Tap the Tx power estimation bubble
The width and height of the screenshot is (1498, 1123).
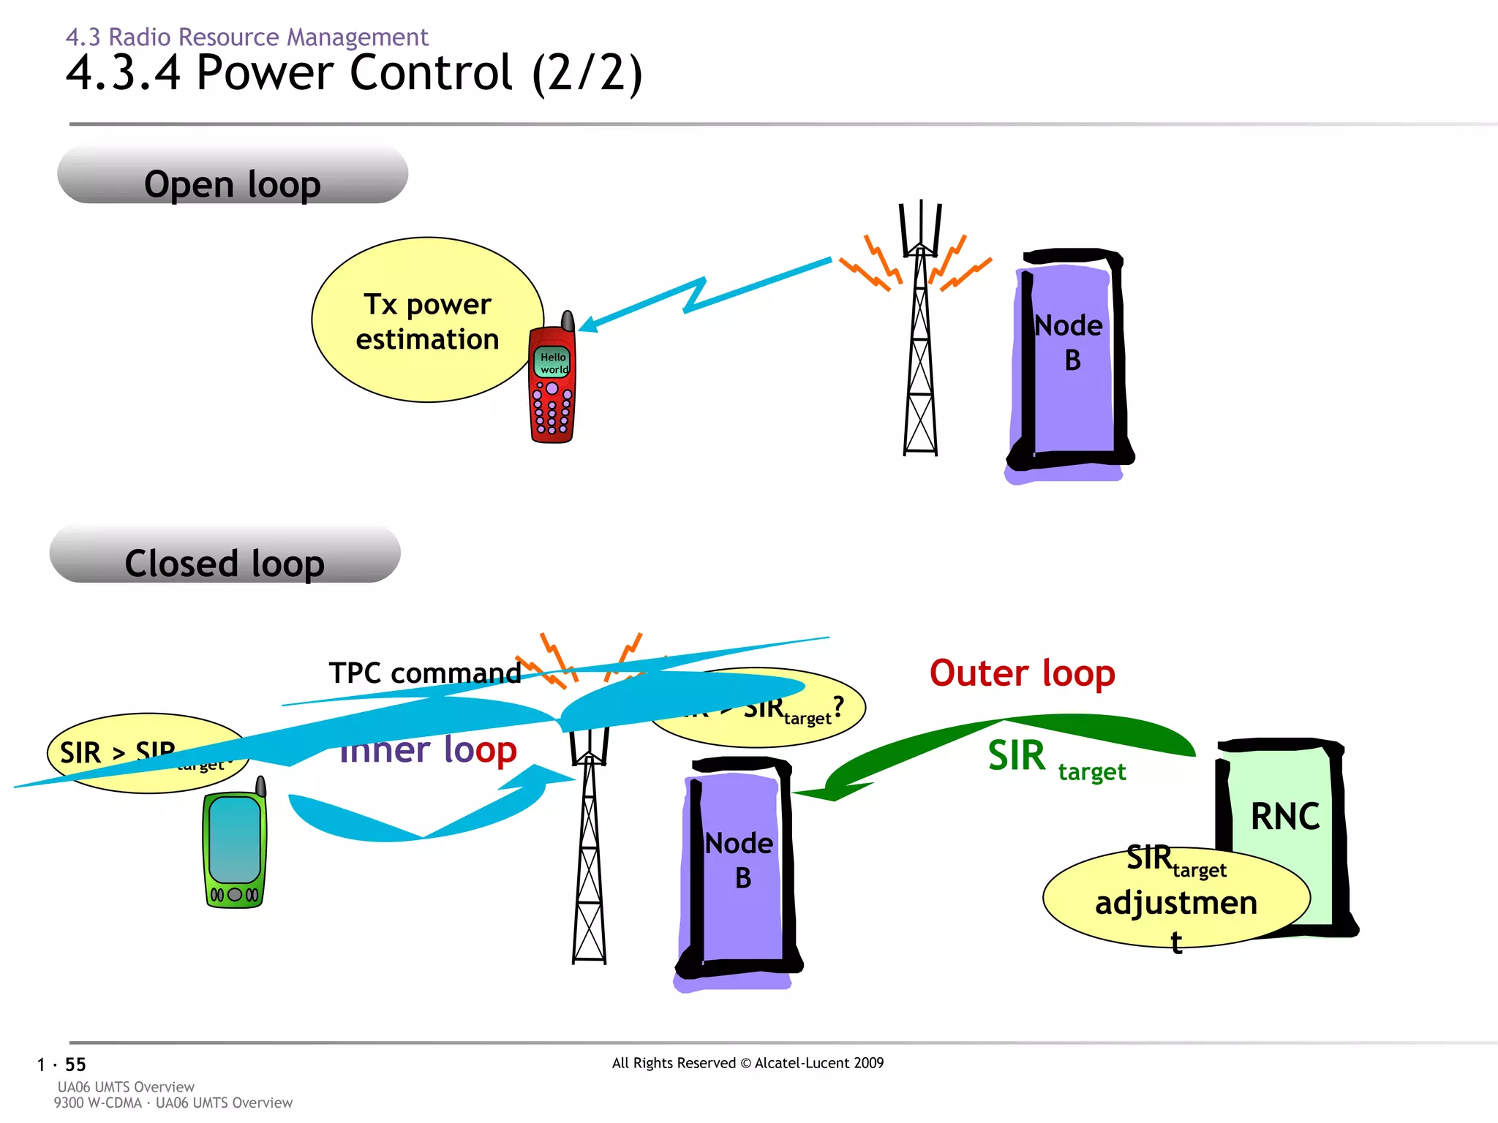coord(427,320)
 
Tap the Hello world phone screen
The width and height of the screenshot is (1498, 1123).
coord(553,363)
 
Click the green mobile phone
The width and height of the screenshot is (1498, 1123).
coord(234,852)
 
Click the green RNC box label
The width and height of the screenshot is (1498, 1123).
coord(1284,817)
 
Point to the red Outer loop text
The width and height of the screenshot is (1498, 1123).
coord(1022,673)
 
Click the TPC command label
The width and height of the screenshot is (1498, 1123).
coord(424,673)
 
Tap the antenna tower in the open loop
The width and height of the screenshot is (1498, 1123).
coord(920,344)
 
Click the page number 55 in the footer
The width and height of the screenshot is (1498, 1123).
coord(75,1065)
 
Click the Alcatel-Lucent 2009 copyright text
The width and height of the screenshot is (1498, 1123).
coord(748,1063)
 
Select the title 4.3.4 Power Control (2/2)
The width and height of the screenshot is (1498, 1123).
coord(354,73)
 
